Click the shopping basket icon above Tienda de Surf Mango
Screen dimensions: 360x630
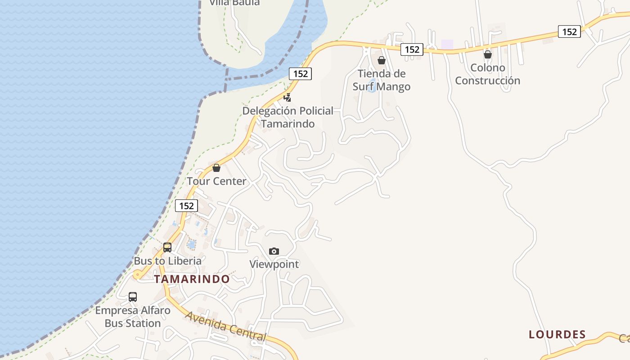click(x=382, y=60)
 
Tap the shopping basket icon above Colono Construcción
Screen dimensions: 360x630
click(x=487, y=54)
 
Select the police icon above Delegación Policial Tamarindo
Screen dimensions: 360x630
click(x=287, y=97)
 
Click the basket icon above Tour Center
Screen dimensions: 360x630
click(x=216, y=168)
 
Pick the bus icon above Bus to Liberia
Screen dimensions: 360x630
click(x=167, y=247)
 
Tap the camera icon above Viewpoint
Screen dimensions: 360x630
click(x=274, y=251)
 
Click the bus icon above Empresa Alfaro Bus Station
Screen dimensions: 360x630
click(x=133, y=297)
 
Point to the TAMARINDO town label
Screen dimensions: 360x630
click(x=192, y=279)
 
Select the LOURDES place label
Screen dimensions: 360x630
click(x=557, y=334)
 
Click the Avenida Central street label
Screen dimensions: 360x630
click(x=226, y=326)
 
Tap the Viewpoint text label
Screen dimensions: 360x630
click(x=274, y=264)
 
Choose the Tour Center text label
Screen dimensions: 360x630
click(x=216, y=181)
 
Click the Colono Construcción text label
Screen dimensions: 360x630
click(x=487, y=74)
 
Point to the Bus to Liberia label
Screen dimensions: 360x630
click(x=167, y=261)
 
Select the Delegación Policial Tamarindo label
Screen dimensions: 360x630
click(x=288, y=117)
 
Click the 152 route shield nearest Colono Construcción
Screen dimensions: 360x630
click(x=569, y=31)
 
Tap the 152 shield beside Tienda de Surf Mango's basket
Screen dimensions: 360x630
click(x=412, y=49)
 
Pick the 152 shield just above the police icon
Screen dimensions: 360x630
click(x=300, y=74)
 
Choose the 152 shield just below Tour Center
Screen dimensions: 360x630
click(x=186, y=206)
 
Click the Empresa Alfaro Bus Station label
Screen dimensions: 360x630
click(x=133, y=317)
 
